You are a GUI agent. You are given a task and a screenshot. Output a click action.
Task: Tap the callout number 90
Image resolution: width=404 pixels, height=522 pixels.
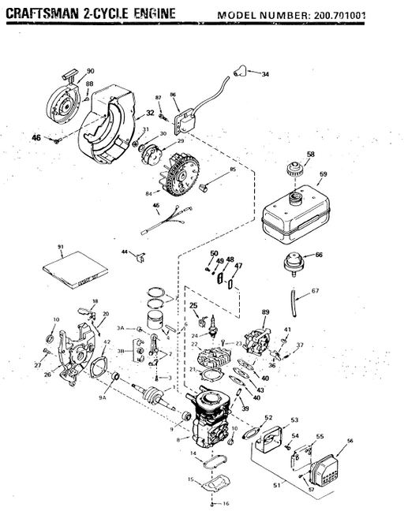point(90,72)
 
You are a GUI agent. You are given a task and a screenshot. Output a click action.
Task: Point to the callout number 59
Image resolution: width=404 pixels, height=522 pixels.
point(323,175)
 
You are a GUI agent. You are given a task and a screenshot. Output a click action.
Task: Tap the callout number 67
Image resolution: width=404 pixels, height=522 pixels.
point(316,292)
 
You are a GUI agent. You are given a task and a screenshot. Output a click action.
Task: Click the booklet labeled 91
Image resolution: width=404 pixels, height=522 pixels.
point(67,268)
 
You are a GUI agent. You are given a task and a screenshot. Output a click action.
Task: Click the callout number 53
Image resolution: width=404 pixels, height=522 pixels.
point(294,419)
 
